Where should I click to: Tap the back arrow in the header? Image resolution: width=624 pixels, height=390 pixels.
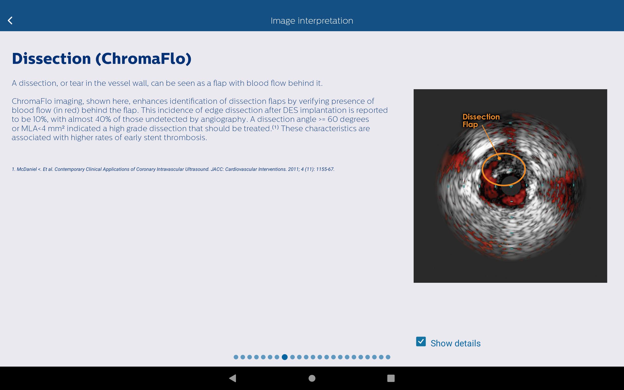coord(10,20)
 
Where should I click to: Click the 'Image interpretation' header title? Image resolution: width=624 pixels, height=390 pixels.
coord(312,21)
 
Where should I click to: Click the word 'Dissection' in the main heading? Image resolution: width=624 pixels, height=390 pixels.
coord(51,58)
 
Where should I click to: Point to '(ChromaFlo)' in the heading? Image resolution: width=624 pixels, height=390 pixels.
coord(143,59)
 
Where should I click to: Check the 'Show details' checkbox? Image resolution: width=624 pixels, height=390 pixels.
coord(421,341)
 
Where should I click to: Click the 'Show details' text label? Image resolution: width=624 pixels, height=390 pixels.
coord(455,343)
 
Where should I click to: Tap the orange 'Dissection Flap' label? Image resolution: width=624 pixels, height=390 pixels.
coord(481,120)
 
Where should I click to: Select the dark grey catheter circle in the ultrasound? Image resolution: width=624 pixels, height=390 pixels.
coord(511,186)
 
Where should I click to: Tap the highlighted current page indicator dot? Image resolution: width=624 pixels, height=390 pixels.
coord(285,357)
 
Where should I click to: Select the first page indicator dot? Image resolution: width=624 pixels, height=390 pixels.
coord(236,357)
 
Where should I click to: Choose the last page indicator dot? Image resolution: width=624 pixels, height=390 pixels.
coord(388,357)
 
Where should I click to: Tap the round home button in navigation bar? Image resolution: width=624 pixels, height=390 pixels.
coord(312,378)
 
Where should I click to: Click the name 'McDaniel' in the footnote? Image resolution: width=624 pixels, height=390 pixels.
coord(27,169)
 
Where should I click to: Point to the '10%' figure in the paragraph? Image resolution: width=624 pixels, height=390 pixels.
coord(40,119)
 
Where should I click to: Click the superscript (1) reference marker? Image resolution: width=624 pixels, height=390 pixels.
coord(276,127)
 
